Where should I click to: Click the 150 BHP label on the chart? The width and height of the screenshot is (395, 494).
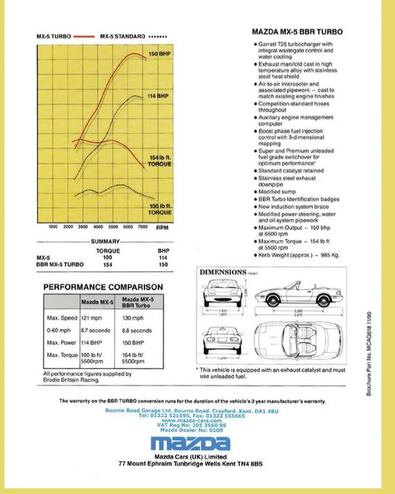pyautogui.click(x=159, y=53)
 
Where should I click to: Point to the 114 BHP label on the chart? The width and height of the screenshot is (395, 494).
pyautogui.click(x=159, y=96)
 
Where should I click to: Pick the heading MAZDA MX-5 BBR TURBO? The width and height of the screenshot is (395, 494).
pyautogui.click(x=297, y=32)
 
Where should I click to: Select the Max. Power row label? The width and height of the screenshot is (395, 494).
pyautogui.click(x=62, y=343)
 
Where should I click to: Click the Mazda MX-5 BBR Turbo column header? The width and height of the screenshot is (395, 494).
pyautogui.click(x=138, y=302)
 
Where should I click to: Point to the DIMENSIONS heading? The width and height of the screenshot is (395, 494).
pyautogui.click(x=223, y=272)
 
